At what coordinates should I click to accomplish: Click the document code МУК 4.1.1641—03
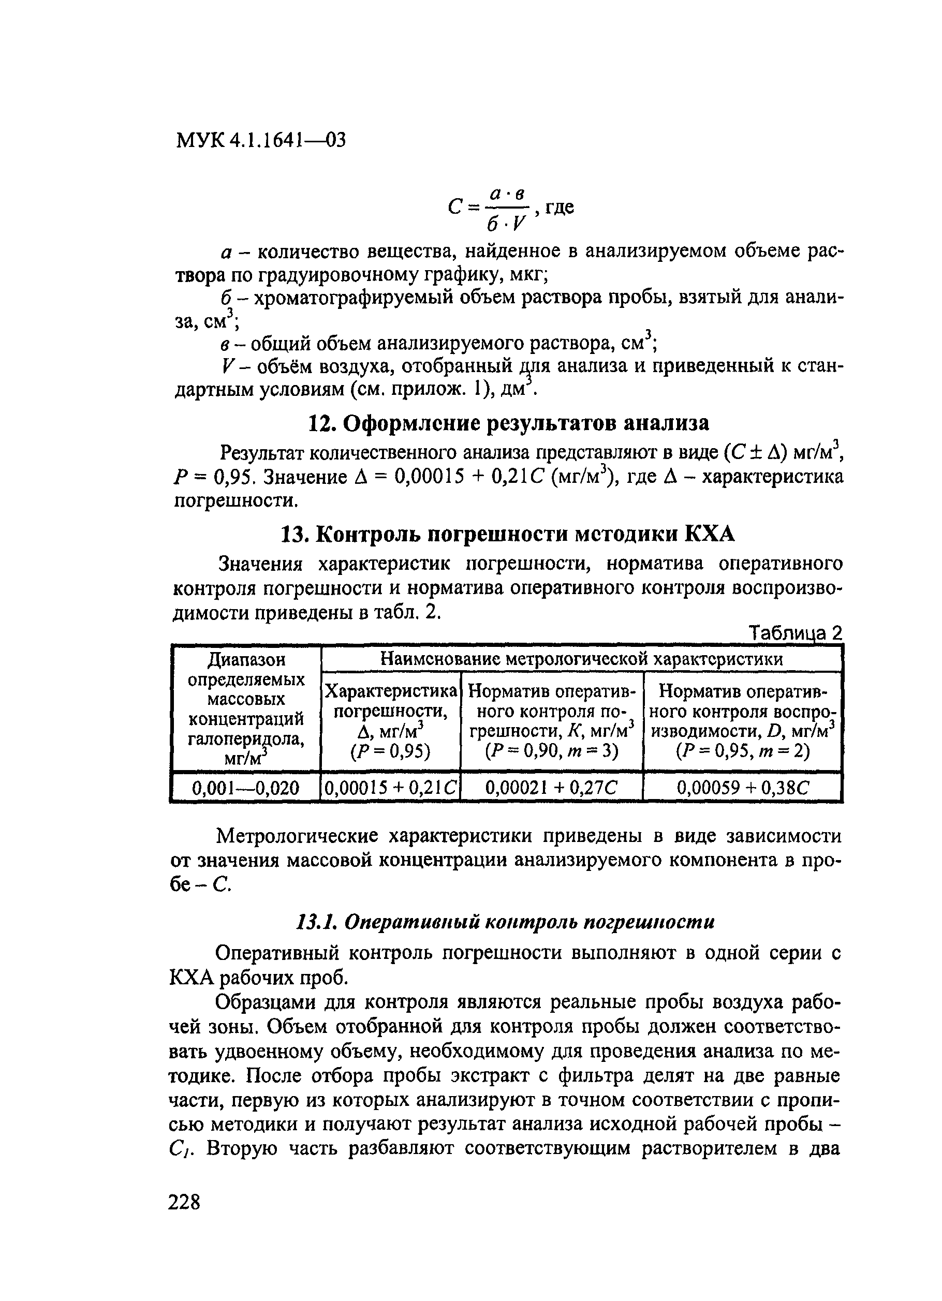261,140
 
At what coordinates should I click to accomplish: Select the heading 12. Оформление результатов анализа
508,423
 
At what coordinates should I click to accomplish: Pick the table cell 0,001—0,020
245,788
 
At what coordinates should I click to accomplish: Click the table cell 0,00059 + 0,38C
742,788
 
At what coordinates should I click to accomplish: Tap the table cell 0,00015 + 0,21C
391,788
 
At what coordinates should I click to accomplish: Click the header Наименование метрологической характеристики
581,659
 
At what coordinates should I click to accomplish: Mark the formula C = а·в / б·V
488,209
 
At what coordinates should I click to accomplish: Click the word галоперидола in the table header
245,738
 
